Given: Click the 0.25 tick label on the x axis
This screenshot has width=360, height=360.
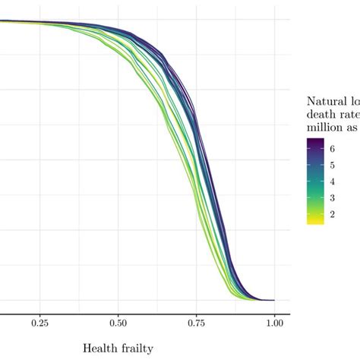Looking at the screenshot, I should (40, 322).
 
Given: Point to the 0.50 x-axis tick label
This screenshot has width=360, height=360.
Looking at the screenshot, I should (118, 322).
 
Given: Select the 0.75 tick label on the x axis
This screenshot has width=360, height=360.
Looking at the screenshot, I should (196, 322).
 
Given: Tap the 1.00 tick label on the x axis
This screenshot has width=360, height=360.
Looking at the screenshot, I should (274, 322).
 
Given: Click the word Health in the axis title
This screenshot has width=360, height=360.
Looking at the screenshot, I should (100, 349).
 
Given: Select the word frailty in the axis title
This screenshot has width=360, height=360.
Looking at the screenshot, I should (137, 349).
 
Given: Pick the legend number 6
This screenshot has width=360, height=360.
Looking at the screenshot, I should (332, 150).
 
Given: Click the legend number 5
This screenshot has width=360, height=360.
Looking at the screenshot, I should (332, 166).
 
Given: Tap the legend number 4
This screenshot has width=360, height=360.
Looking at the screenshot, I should (332, 182).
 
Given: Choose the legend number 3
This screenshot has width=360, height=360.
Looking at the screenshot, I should (332, 198).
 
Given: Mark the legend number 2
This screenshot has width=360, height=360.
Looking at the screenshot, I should (332, 215).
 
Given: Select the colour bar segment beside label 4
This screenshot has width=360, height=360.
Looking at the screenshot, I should (315, 182).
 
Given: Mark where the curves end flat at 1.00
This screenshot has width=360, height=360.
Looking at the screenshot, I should (270, 300).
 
